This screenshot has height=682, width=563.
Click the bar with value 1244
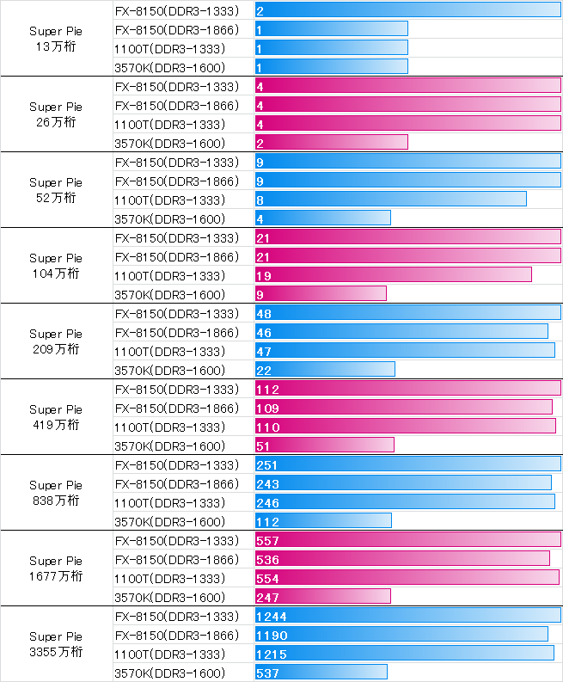[x=407, y=616]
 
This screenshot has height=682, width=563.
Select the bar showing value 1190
[x=401, y=635]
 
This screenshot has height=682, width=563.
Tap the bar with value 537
[x=321, y=673]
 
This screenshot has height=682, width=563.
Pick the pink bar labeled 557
[x=407, y=540]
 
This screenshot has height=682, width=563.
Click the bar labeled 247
[x=323, y=597]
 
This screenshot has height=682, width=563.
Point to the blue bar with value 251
[x=407, y=464]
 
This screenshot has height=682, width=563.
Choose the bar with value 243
[x=403, y=483]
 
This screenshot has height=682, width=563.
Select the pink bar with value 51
[x=325, y=445]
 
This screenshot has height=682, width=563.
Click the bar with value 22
[x=325, y=370]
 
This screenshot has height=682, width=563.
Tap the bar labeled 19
[x=394, y=275]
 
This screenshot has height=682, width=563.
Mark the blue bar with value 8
[x=391, y=200]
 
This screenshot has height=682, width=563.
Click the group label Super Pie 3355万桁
[x=56, y=644]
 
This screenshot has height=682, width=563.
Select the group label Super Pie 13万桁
[x=56, y=39]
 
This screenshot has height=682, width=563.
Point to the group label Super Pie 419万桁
[x=56, y=417]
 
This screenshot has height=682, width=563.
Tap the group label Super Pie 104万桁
[x=56, y=266]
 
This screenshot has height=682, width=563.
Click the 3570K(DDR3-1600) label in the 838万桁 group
[x=170, y=521]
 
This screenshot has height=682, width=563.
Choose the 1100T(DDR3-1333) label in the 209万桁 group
[x=170, y=351]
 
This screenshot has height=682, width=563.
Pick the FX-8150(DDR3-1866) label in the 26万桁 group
[x=176, y=105]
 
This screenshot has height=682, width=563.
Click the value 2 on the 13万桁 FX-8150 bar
[x=260, y=11]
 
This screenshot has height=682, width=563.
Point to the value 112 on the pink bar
[x=268, y=390]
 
